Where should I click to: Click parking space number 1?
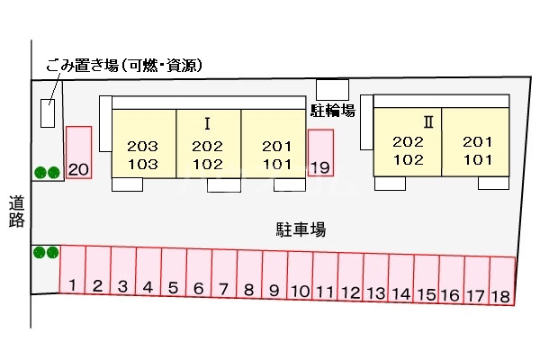(x=72, y=276)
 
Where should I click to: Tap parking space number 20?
(x=78, y=153)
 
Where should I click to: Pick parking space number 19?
(x=320, y=153)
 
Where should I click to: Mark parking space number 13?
(x=376, y=279)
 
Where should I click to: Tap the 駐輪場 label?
(x=332, y=111)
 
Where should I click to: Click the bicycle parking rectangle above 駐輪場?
(x=332, y=90)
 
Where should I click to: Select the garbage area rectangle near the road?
(x=48, y=113)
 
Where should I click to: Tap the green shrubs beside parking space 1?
(x=46, y=253)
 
